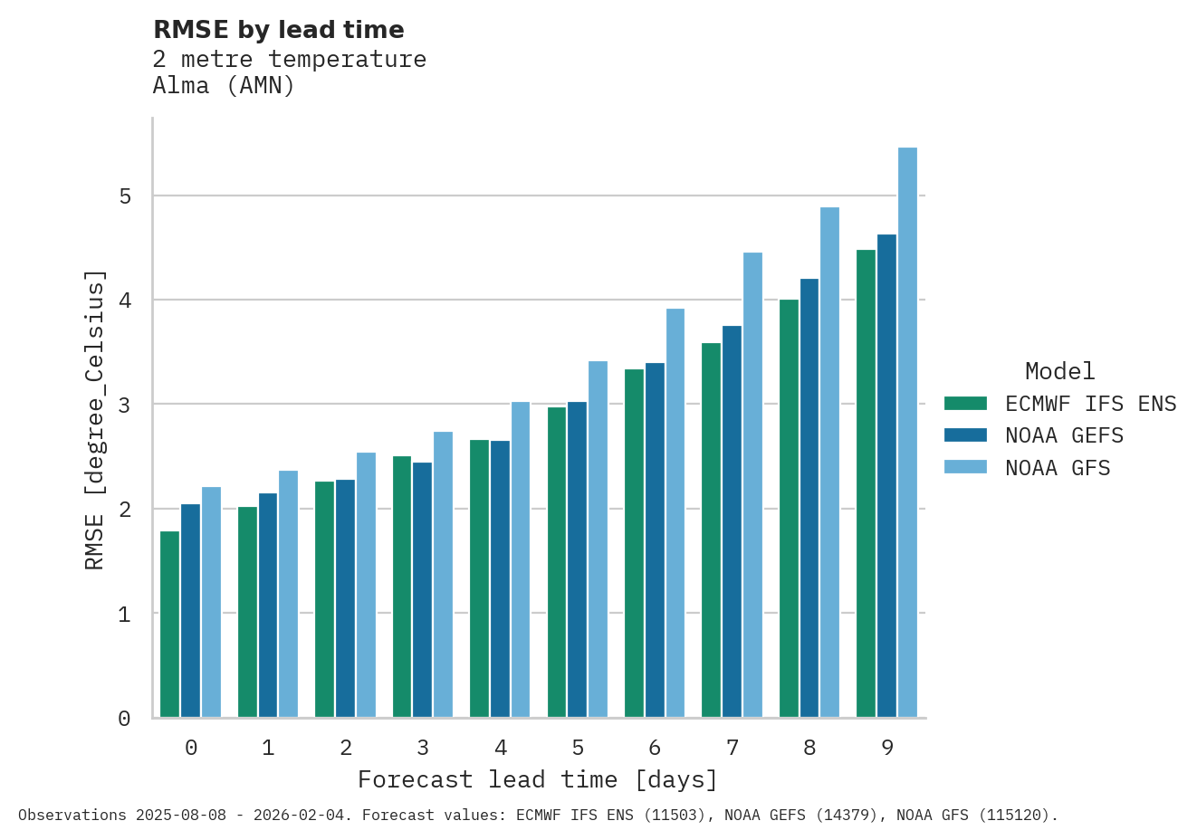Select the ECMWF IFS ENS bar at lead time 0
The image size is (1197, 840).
tap(169, 625)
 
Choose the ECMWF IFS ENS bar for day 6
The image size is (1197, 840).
tap(634, 543)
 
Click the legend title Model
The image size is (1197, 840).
tap(1059, 371)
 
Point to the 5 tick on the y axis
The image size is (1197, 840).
tap(125, 196)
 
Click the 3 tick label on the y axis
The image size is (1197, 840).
tap(125, 405)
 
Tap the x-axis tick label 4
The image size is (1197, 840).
tap(501, 749)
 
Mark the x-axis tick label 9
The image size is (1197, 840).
tap(887, 749)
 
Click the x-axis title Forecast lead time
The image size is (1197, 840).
tap(538, 780)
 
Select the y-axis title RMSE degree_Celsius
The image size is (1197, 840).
tap(95, 419)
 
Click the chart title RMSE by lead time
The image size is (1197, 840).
tap(279, 30)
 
